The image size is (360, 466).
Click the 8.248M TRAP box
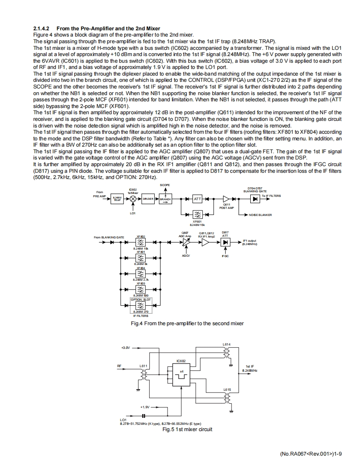[118, 199]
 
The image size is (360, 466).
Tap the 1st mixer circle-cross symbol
[133, 199]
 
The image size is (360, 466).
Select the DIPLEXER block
[148, 199]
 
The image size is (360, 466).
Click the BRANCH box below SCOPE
[165, 199]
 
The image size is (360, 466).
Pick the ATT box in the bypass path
[197, 199]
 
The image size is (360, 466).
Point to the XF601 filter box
[197, 214]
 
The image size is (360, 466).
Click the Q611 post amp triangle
[226, 199]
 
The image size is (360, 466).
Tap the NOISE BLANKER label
[260, 215]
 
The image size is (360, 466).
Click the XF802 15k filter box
[141, 243]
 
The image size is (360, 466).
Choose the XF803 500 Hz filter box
[141, 289]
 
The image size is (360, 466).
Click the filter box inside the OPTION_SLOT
[141, 306]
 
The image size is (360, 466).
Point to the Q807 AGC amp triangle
[186, 243]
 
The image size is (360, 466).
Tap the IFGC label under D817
[226, 256]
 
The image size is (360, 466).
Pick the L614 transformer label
[227, 344]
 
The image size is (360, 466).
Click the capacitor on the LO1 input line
[143, 415]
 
